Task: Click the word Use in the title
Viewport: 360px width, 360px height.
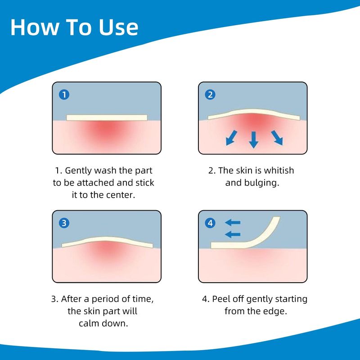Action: pos(118,27)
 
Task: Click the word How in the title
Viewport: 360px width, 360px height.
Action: pos(35,27)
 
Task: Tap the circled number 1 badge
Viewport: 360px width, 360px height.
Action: pos(64,94)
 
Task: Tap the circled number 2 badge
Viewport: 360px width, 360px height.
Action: pos(210,94)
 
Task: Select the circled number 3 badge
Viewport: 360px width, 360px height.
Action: pos(64,223)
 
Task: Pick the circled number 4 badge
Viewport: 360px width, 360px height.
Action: pos(210,223)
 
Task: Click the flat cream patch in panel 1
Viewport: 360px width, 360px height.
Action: pos(107,117)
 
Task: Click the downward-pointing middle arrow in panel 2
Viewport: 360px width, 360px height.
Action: pos(254,139)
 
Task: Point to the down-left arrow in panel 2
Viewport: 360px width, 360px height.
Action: pos(231,138)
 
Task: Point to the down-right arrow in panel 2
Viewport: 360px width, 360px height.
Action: pos(277,138)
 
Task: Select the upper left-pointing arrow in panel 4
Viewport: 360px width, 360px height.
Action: pos(233,222)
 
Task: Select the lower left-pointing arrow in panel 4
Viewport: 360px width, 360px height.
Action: pos(233,234)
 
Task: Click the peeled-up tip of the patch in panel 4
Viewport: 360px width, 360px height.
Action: pos(277,217)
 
